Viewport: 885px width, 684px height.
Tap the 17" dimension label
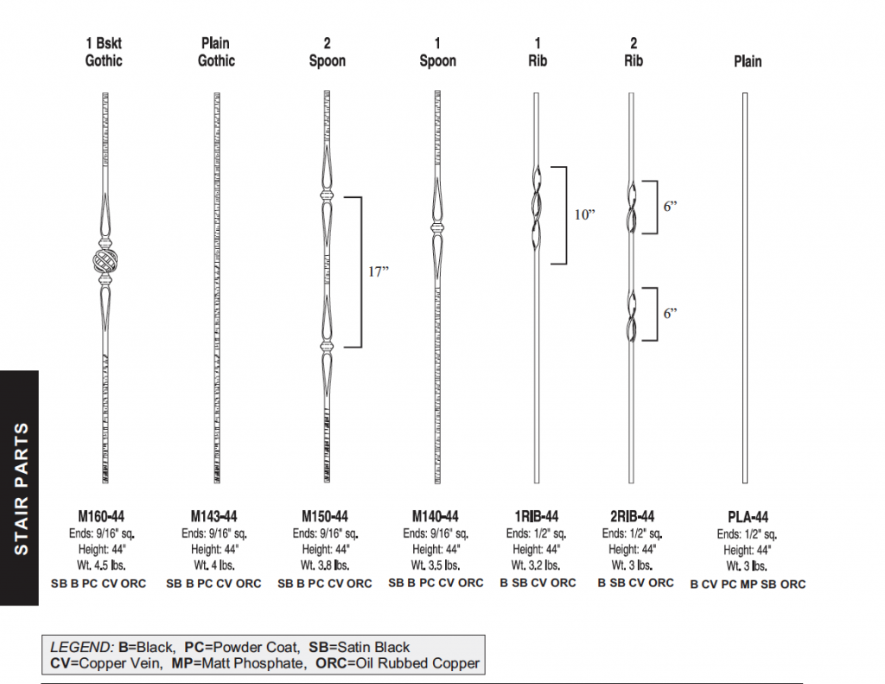click(x=379, y=272)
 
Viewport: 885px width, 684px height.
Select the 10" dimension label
click(x=585, y=214)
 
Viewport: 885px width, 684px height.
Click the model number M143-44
click(x=214, y=516)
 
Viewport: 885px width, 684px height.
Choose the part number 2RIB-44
click(x=632, y=516)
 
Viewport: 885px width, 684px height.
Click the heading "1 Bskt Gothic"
click(x=104, y=52)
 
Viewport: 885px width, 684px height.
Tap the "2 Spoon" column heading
click(x=327, y=52)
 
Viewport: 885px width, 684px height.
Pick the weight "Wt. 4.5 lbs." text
click(x=103, y=566)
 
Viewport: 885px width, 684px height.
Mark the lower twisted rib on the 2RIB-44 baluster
click(x=632, y=315)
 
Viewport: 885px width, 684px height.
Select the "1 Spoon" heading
click(x=437, y=52)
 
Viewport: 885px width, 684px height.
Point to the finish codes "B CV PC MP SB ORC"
click(x=748, y=585)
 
